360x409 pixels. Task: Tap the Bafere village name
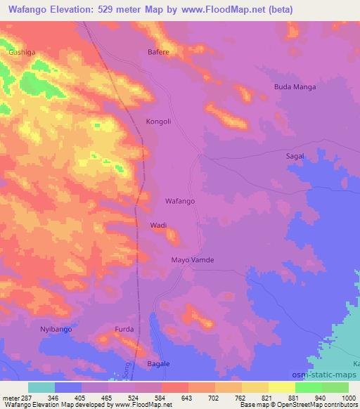pos(158,52)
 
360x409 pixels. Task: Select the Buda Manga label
pos(295,87)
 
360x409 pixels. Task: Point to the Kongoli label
pos(158,122)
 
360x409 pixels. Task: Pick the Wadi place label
pos(158,226)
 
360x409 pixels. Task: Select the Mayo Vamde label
pos(192,260)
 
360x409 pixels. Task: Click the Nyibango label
pos(56,329)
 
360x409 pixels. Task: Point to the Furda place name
pos(124,329)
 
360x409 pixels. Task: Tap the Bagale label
pos(158,363)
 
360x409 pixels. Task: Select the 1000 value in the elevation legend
pos(340,398)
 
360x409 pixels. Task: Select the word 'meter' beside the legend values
pos(10,398)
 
